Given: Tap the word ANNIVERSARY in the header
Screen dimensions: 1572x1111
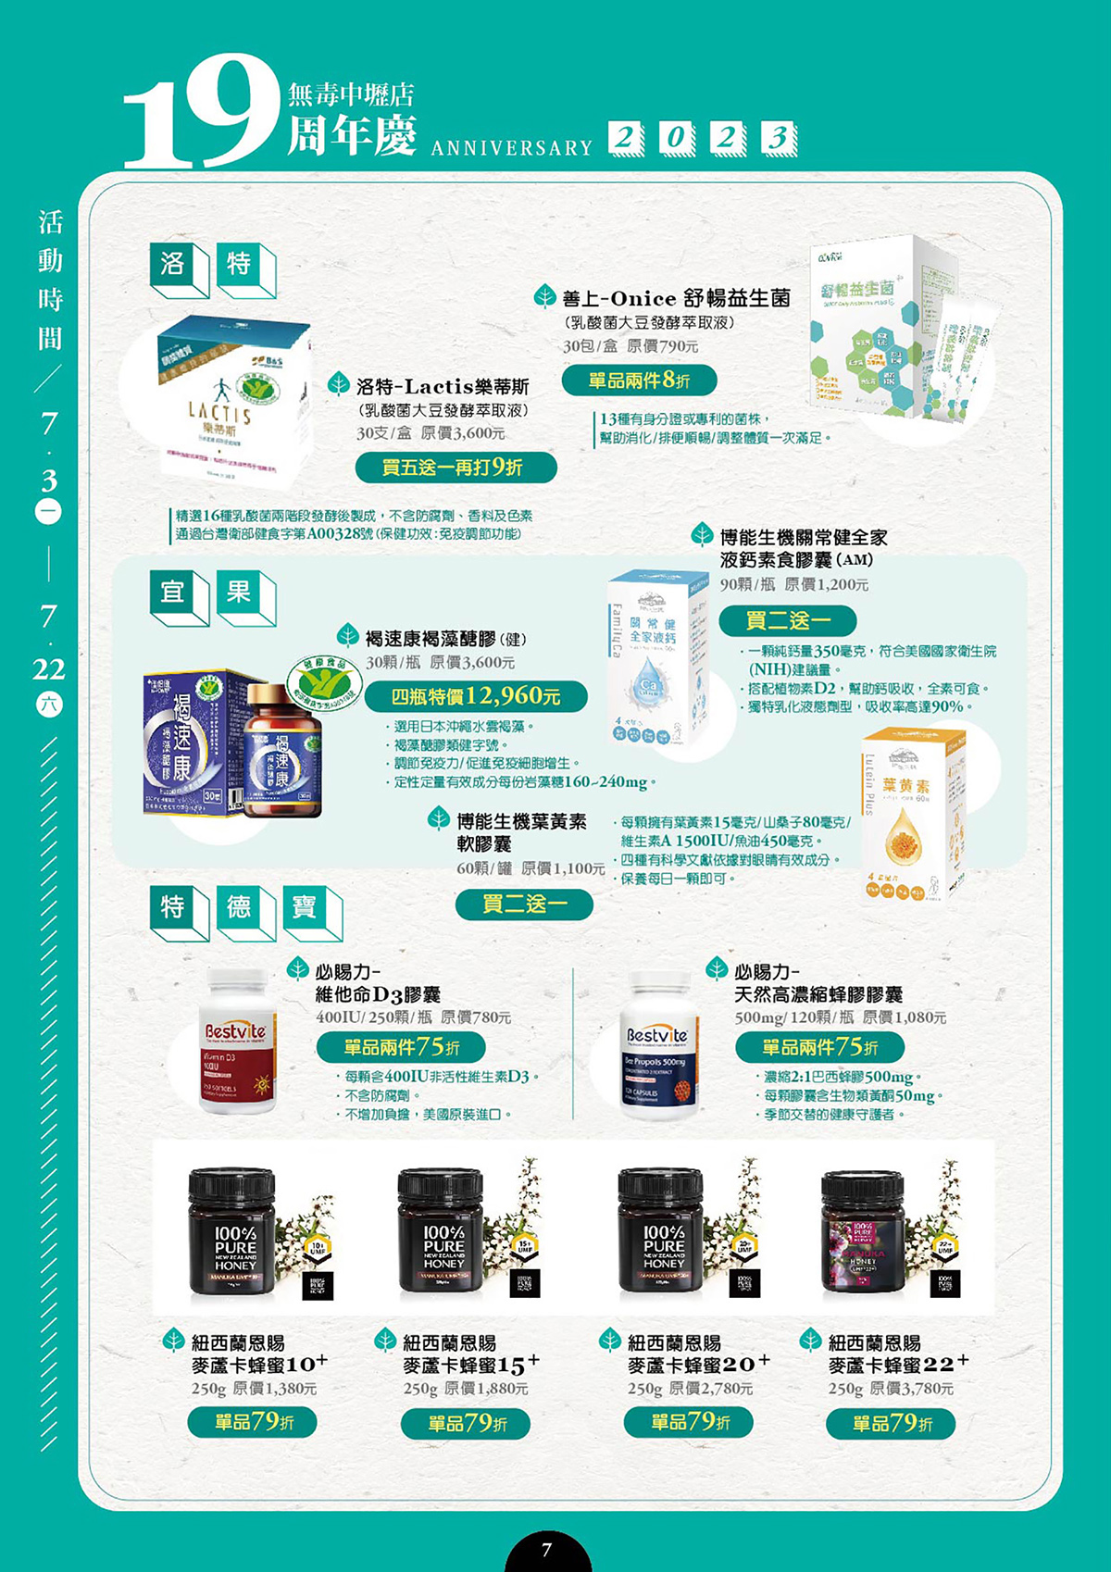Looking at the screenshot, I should (x=511, y=148).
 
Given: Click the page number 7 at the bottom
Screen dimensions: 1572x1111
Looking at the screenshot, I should (x=547, y=1550).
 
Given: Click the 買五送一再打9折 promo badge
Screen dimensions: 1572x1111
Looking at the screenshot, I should (x=456, y=468).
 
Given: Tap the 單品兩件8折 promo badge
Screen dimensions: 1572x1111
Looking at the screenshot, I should (x=639, y=380).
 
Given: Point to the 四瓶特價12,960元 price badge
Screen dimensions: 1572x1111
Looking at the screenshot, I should (x=476, y=696).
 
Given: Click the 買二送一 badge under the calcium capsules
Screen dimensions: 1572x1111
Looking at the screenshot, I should (x=788, y=620).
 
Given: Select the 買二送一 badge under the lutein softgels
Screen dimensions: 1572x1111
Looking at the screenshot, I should (x=524, y=904).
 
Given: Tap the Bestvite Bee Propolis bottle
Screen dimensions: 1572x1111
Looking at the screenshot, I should (x=657, y=1046).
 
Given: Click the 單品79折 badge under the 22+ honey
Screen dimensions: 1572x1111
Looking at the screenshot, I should (x=891, y=1424).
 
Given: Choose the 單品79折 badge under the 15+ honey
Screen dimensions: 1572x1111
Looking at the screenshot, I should (x=466, y=1424).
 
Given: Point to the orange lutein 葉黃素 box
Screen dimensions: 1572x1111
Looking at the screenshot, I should (x=913, y=815).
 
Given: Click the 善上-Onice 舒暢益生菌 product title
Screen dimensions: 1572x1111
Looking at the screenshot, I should (x=676, y=298).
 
